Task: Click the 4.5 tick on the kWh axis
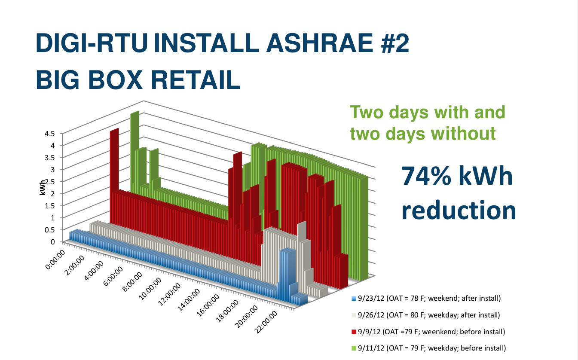tap(49, 134)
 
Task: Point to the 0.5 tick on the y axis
tap(49, 230)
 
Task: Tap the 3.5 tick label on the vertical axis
tap(49, 158)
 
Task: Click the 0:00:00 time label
tap(55, 259)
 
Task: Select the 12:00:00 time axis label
tap(169, 294)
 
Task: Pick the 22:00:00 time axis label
tap(266, 322)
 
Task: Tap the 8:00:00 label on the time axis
tap(132, 282)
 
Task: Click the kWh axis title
tap(43, 187)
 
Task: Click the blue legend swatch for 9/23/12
tap(354, 299)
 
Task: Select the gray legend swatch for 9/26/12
tap(354, 315)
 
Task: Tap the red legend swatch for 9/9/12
tap(354, 332)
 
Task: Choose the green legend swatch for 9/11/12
tap(354, 348)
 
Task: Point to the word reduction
tap(459, 210)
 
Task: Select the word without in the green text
tap(463, 134)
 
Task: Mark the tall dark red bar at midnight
tap(114, 175)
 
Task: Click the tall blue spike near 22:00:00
tap(287, 275)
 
